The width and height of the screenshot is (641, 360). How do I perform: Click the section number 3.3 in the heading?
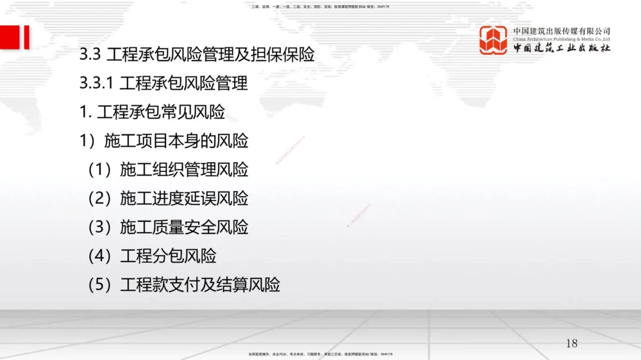coord(90,55)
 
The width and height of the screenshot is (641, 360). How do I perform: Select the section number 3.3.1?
coord(96,84)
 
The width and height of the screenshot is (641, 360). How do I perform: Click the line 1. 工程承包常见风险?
coord(152,112)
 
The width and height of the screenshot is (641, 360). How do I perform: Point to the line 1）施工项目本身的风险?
coord(163,141)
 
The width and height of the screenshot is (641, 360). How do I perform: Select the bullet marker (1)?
coord(100,170)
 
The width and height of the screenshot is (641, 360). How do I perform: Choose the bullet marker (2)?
coord(100,199)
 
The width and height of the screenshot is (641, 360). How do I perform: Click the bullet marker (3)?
coord(100,227)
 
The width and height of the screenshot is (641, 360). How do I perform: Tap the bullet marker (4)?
coord(100,256)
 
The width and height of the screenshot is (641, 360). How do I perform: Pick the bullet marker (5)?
coord(100,285)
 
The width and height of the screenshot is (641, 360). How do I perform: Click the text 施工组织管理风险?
coord(184,170)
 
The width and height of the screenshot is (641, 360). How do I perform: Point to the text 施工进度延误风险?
coord(184,199)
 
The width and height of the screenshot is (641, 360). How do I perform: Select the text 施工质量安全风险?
coord(184,227)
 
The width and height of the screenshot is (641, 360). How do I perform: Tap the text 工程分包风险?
coord(168,256)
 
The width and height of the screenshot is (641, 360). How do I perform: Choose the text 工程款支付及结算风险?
coord(200,285)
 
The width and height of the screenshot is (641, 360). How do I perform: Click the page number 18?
coord(571,343)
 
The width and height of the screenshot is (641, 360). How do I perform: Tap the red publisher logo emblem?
coord(494,40)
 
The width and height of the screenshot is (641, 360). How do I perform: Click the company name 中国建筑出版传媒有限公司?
coord(562,31)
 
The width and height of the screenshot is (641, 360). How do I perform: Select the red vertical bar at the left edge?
coord(27,37)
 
